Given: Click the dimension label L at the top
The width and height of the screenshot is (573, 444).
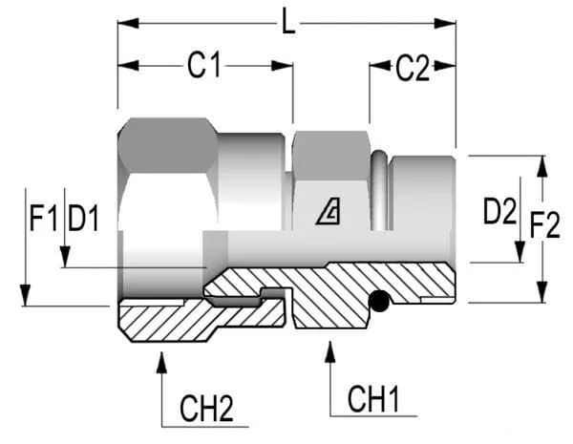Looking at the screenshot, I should (x=288, y=20).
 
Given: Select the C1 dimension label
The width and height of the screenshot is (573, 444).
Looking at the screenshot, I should (x=203, y=66).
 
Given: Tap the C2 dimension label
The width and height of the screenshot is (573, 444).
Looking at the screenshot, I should (x=413, y=68).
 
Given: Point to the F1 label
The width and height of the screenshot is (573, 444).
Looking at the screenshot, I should (x=42, y=221).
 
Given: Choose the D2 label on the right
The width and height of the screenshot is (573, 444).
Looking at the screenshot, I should (x=499, y=212).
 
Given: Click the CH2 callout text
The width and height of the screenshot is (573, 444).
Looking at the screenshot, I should (x=206, y=409).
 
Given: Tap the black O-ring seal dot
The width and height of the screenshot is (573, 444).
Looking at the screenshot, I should (x=381, y=302).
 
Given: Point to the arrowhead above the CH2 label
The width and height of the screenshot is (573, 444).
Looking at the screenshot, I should (x=161, y=360).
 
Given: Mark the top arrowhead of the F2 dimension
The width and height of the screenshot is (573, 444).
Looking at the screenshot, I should (x=542, y=164).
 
